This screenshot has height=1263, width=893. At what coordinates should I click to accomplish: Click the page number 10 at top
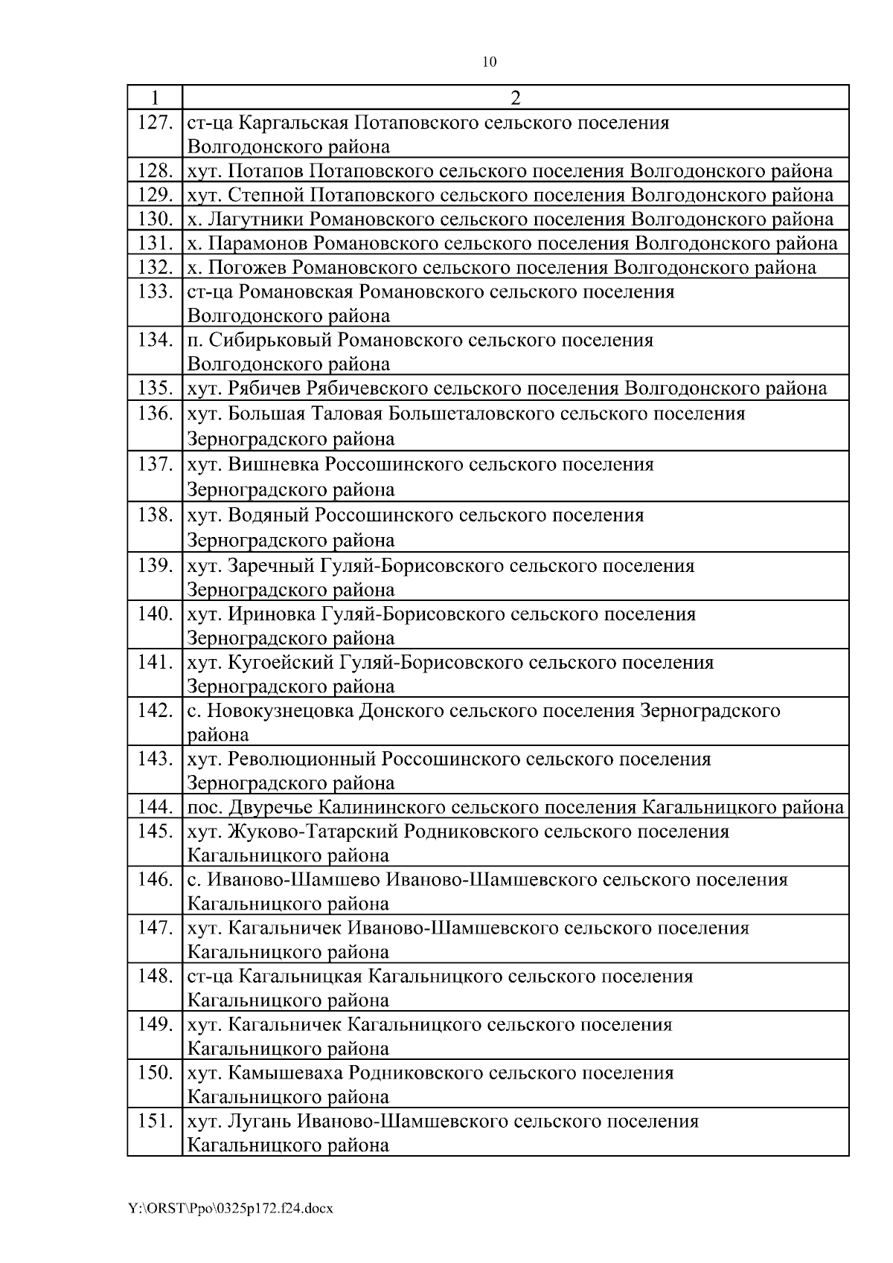(x=489, y=62)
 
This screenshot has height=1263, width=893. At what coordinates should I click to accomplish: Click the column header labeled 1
(x=154, y=97)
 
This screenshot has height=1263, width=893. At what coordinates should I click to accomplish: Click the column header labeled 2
(x=515, y=97)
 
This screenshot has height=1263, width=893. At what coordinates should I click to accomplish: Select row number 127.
(x=155, y=122)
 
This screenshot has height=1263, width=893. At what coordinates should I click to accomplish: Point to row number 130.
(x=155, y=219)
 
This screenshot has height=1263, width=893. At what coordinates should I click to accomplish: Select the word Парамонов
(x=258, y=243)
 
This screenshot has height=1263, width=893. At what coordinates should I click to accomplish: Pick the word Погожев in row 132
(x=248, y=267)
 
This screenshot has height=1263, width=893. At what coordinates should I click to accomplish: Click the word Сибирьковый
(x=272, y=340)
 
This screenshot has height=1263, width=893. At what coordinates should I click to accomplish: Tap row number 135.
(x=155, y=388)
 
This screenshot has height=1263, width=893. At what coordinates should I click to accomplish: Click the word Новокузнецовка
(x=281, y=710)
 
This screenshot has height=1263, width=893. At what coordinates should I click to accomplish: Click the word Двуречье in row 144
(x=264, y=807)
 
